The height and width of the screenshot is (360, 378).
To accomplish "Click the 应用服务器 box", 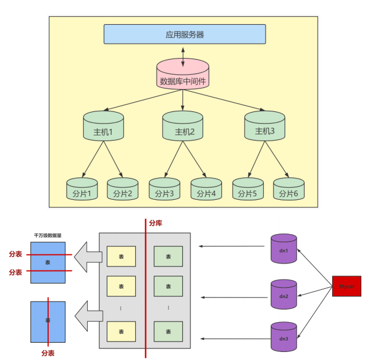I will (184, 34).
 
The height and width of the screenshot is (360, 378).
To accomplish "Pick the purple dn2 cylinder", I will (284, 295).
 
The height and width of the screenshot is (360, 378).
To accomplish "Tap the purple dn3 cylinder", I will (284, 338).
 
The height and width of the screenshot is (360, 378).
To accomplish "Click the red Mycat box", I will (346, 286).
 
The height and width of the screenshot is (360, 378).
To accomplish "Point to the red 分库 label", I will (155, 223).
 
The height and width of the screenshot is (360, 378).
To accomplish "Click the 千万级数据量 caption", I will (47, 235).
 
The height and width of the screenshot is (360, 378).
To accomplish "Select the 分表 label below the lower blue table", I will (48, 353).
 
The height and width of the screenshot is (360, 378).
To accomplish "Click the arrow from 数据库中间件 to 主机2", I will (183, 99).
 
